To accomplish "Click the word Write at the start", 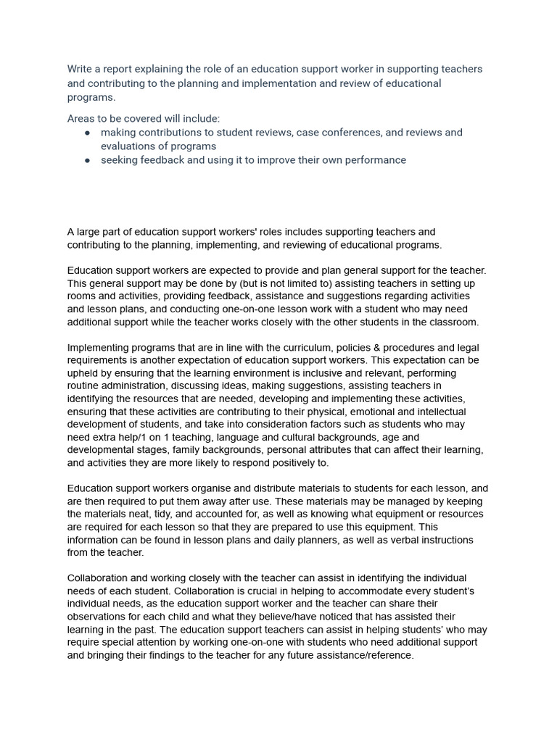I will pyautogui.click(x=81, y=70).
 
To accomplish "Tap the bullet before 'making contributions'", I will pyautogui.click(x=88, y=133).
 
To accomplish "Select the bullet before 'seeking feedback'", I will pyautogui.click(x=88, y=160).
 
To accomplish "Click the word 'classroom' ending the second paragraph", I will pyautogui.click(x=453, y=322).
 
